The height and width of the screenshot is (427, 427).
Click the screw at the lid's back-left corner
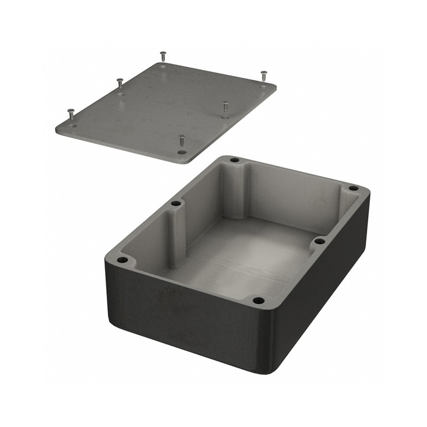tap(163, 56)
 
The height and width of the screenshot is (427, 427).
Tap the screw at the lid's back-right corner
tap(263, 75)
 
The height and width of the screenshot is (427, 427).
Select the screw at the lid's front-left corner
tap(70, 114)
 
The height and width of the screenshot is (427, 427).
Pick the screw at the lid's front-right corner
tap(182, 141)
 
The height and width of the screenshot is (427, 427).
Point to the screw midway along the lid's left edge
tap(120, 83)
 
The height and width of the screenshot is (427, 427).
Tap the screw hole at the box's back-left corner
tap(234, 160)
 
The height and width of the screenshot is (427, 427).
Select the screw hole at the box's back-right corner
tap(353, 188)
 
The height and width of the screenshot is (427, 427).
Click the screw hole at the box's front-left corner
tap(123, 260)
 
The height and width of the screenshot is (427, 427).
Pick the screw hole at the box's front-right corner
tap(258, 301)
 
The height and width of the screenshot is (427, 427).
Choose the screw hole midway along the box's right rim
tap(319, 241)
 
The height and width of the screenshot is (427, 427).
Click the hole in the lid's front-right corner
tap(182, 152)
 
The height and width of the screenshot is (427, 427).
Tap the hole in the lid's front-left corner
tap(73, 126)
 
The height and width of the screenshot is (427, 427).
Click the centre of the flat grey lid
tap(165, 107)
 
